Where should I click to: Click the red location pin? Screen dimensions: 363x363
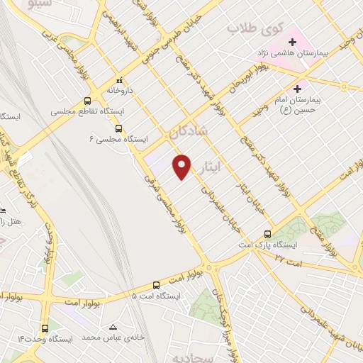pyautogui.click(x=182, y=166)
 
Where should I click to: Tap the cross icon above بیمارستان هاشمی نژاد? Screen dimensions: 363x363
pyautogui.click(x=292, y=42)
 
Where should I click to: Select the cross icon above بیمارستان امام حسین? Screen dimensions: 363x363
pyautogui.click(x=297, y=89)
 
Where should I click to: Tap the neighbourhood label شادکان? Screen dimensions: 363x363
pyautogui.click(x=188, y=130)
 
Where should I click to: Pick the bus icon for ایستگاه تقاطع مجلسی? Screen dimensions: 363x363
pyautogui.click(x=87, y=101)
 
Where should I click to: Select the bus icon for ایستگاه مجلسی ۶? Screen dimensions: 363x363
pyautogui.click(x=118, y=128)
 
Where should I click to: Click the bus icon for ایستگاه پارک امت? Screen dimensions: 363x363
pyautogui.click(x=267, y=234)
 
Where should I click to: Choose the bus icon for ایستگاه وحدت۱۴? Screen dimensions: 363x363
pyautogui.click(x=45, y=328)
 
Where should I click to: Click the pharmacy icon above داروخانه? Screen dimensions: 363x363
pyautogui.click(x=119, y=79)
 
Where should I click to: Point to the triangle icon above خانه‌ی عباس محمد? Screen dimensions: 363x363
pyautogui.click(x=113, y=327)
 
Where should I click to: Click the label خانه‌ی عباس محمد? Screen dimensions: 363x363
pyautogui.click(x=113, y=338)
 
